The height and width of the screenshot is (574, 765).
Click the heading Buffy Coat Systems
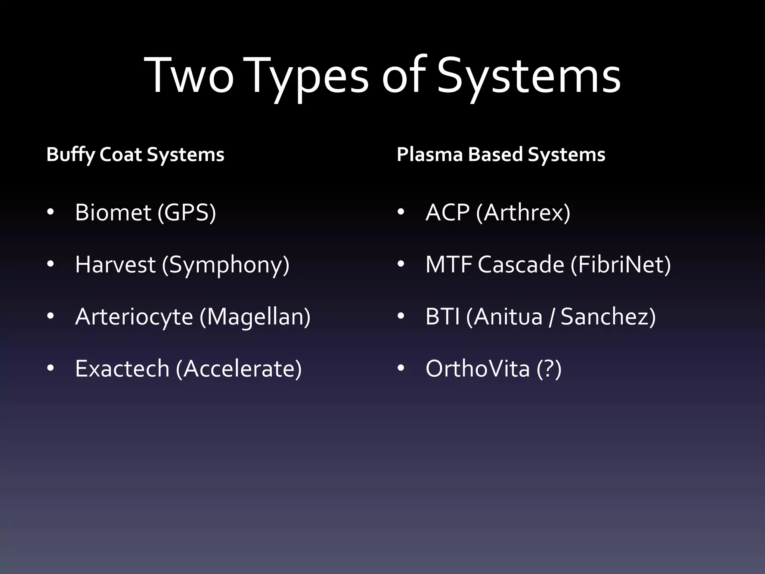[x=135, y=155]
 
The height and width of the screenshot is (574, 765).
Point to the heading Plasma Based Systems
[x=501, y=155]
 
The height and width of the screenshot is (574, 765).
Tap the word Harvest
[x=115, y=265]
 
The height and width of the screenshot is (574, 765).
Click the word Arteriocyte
[x=134, y=317]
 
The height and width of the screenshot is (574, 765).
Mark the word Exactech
[x=122, y=368]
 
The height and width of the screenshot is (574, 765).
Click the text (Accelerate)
[x=239, y=369]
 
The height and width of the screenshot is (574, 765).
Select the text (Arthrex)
[x=523, y=213]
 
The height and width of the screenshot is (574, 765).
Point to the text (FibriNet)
[x=620, y=265]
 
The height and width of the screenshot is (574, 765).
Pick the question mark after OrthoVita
[x=549, y=368]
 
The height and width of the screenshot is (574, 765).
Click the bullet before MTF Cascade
[x=401, y=265]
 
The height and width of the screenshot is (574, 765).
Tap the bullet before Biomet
[x=50, y=212]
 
